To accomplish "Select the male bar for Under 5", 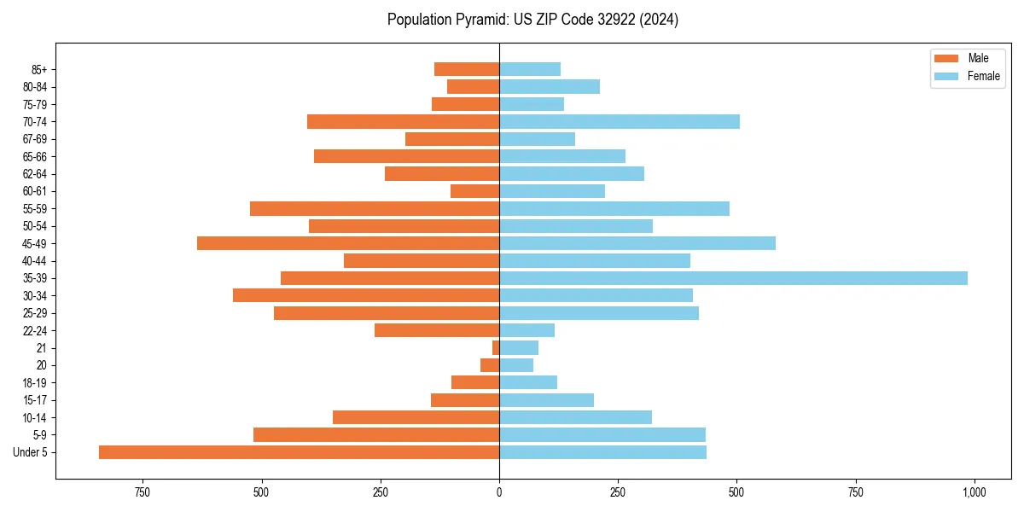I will click(x=299, y=452).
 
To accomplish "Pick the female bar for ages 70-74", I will click(x=620, y=121).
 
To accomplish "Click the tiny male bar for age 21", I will click(x=496, y=348).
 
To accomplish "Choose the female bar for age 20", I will click(x=516, y=365).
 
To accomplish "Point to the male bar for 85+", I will click(x=467, y=69).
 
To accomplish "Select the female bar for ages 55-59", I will click(x=614, y=209).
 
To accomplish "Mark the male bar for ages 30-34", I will click(x=366, y=295).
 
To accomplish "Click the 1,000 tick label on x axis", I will click(x=974, y=492).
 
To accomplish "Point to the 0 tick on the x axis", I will click(x=499, y=492).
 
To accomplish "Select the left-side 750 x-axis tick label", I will click(x=143, y=492).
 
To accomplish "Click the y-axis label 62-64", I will click(x=35, y=174).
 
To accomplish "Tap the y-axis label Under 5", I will click(x=30, y=452).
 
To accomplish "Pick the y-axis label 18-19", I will click(x=35, y=383).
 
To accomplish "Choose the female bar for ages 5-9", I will click(x=602, y=435).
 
